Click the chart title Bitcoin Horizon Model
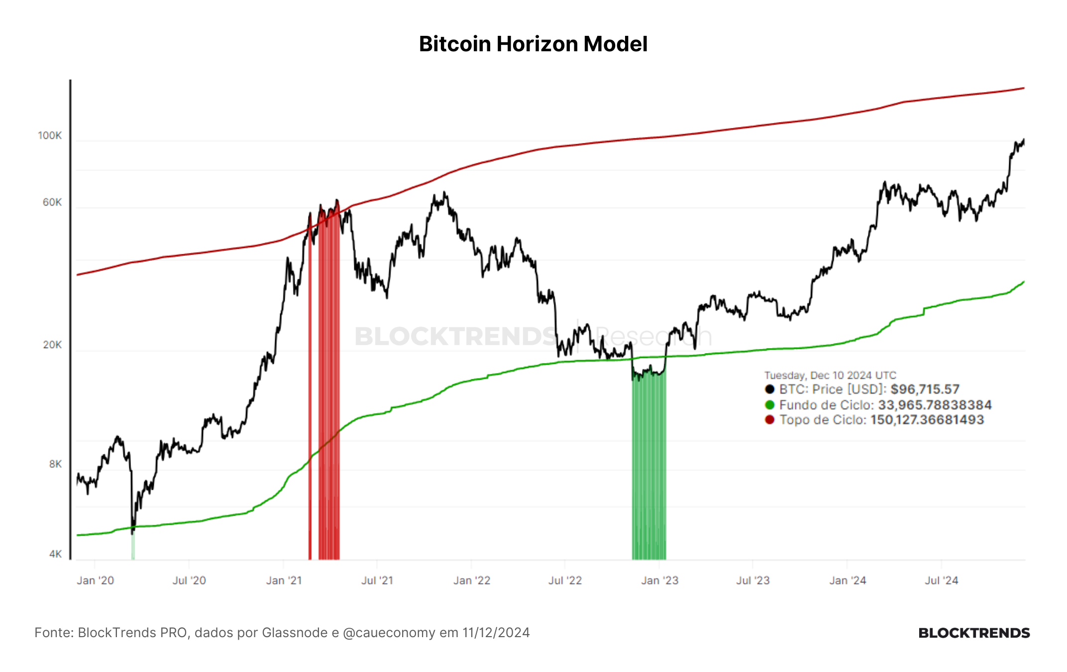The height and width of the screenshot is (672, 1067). (x=533, y=44)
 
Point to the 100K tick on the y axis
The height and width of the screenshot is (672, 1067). (x=50, y=135)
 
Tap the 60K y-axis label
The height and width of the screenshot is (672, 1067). (x=52, y=202)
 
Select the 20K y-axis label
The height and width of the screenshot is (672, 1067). (x=52, y=344)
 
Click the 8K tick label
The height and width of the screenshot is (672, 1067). (x=56, y=464)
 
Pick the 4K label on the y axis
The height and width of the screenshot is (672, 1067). (x=56, y=554)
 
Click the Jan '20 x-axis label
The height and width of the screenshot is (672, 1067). (x=96, y=580)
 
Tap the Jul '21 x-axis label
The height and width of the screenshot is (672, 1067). (x=377, y=580)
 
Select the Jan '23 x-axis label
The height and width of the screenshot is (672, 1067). (x=660, y=580)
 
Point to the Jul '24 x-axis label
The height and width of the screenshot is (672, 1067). (x=942, y=580)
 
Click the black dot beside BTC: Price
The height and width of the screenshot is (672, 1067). (x=770, y=389)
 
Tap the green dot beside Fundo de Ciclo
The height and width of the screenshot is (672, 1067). (x=770, y=405)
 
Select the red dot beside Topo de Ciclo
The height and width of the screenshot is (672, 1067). (x=770, y=420)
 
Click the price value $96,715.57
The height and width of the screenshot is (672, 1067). (x=925, y=389)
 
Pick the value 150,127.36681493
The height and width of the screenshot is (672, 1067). (x=927, y=420)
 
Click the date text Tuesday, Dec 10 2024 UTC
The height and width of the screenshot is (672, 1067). (x=830, y=375)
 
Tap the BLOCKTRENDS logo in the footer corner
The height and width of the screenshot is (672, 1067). (x=974, y=633)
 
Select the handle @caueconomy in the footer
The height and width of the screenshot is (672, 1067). (x=389, y=633)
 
